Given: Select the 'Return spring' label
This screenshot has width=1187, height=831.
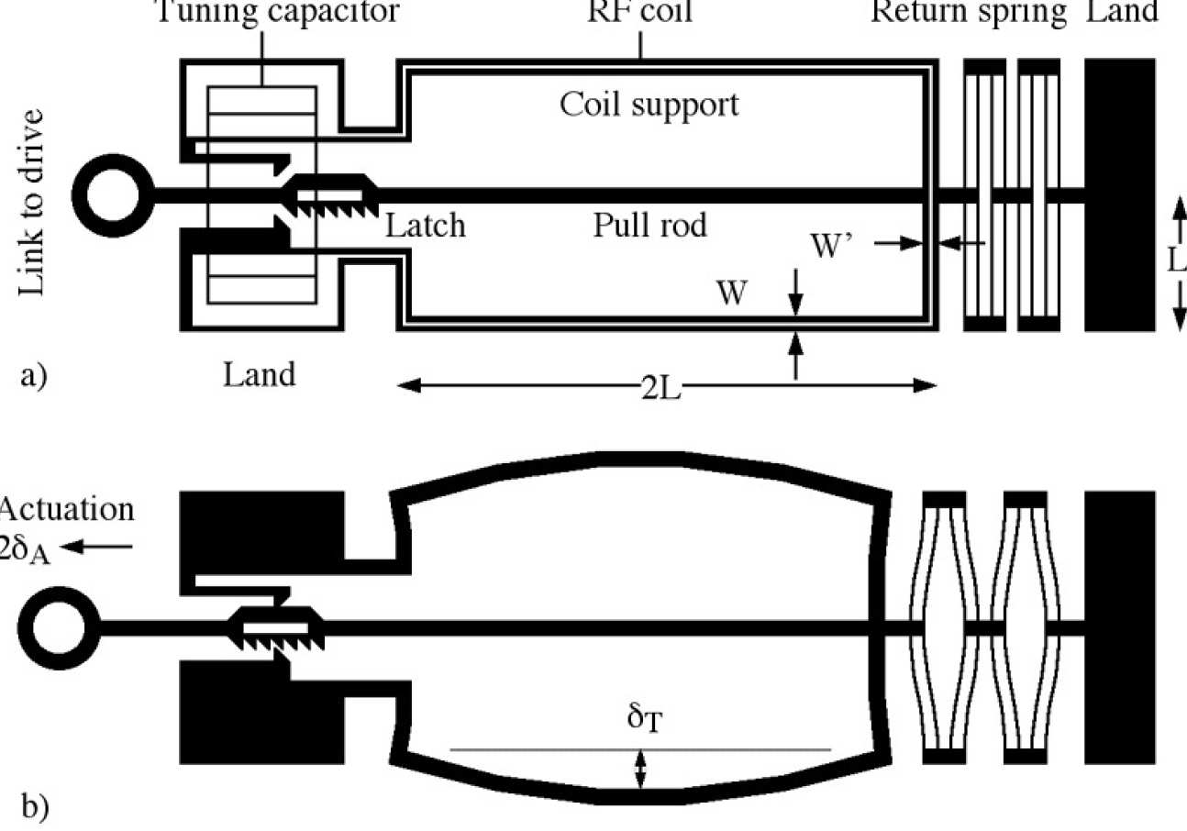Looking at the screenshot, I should point(969,13).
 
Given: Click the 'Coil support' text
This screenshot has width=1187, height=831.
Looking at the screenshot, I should point(649,104).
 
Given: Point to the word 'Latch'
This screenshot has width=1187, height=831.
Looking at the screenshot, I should point(425,225).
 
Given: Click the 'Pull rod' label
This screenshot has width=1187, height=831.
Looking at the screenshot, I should point(649,225).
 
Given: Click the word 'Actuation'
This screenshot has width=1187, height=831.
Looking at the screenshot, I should point(68,510).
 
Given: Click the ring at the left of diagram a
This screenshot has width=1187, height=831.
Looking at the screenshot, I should point(112,195).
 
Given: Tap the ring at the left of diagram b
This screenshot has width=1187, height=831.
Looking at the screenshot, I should point(58,628).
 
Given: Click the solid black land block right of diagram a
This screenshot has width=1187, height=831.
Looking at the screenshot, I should point(1119,195).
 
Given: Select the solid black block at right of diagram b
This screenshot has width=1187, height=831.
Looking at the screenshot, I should point(1119,628).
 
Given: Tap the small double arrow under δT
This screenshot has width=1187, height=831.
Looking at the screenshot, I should point(641,769).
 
